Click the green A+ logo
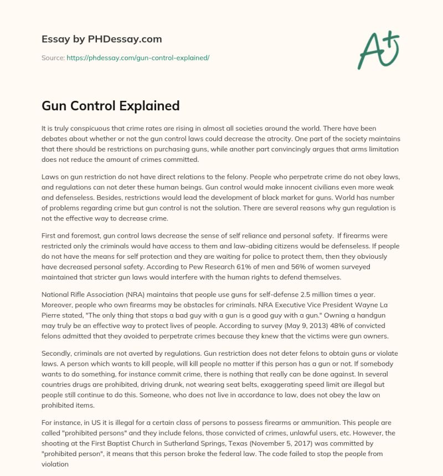click(x=378, y=50)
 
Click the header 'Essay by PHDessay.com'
click(x=101, y=39)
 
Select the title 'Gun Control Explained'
click(x=111, y=106)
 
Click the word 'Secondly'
click(x=59, y=354)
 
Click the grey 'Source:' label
click(x=53, y=57)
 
